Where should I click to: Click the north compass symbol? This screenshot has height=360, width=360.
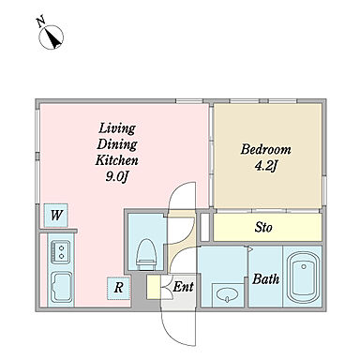pos(51,37)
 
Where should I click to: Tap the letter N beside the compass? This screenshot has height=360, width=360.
pos(40,22)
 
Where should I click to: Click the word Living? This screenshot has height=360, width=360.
pos(117,128)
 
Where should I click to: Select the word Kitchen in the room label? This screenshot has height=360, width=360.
pos(116,160)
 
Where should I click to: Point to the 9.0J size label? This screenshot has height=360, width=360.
pos(117,177)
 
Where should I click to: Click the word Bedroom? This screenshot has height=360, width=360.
pos(265,149)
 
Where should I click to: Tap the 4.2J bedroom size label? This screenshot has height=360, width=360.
pos(266,166)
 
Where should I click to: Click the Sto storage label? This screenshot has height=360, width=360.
pos(263,227)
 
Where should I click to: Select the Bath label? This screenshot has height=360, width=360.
pos(265,278)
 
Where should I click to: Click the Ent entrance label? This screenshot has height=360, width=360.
pos(183,287)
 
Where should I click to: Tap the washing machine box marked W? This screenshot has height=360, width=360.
pos(55,216)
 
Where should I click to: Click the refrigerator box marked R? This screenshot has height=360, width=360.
pos(118,288)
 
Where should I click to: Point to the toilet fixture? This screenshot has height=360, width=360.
pos(146,254)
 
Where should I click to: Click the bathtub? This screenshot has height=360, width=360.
pos(303,277)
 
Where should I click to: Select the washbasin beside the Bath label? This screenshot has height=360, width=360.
pos(228,294)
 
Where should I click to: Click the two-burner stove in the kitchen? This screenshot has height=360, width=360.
pos(61,251)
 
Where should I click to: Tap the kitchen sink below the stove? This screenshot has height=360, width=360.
pos(61,287)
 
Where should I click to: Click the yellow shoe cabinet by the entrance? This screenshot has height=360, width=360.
pos(153,287)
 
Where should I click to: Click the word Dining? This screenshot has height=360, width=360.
pos(117,144)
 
